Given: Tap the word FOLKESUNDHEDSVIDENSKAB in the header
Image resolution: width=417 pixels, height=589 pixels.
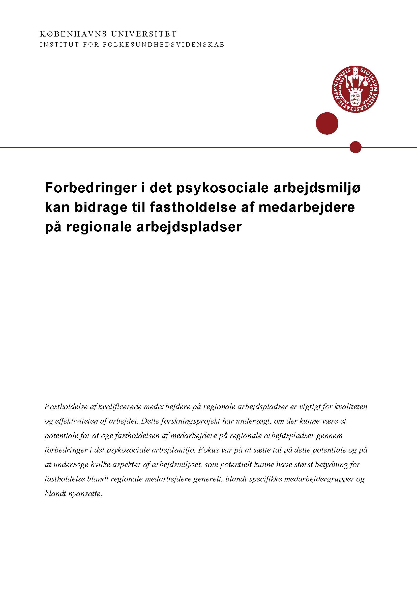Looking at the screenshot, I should tap(164, 45).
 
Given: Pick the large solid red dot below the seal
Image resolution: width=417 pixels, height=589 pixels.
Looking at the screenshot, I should tap(327, 123).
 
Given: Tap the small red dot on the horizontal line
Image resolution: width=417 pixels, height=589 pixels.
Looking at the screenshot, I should tap(356, 147).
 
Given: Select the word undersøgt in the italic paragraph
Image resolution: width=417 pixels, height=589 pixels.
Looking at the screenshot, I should tap(252, 422).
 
